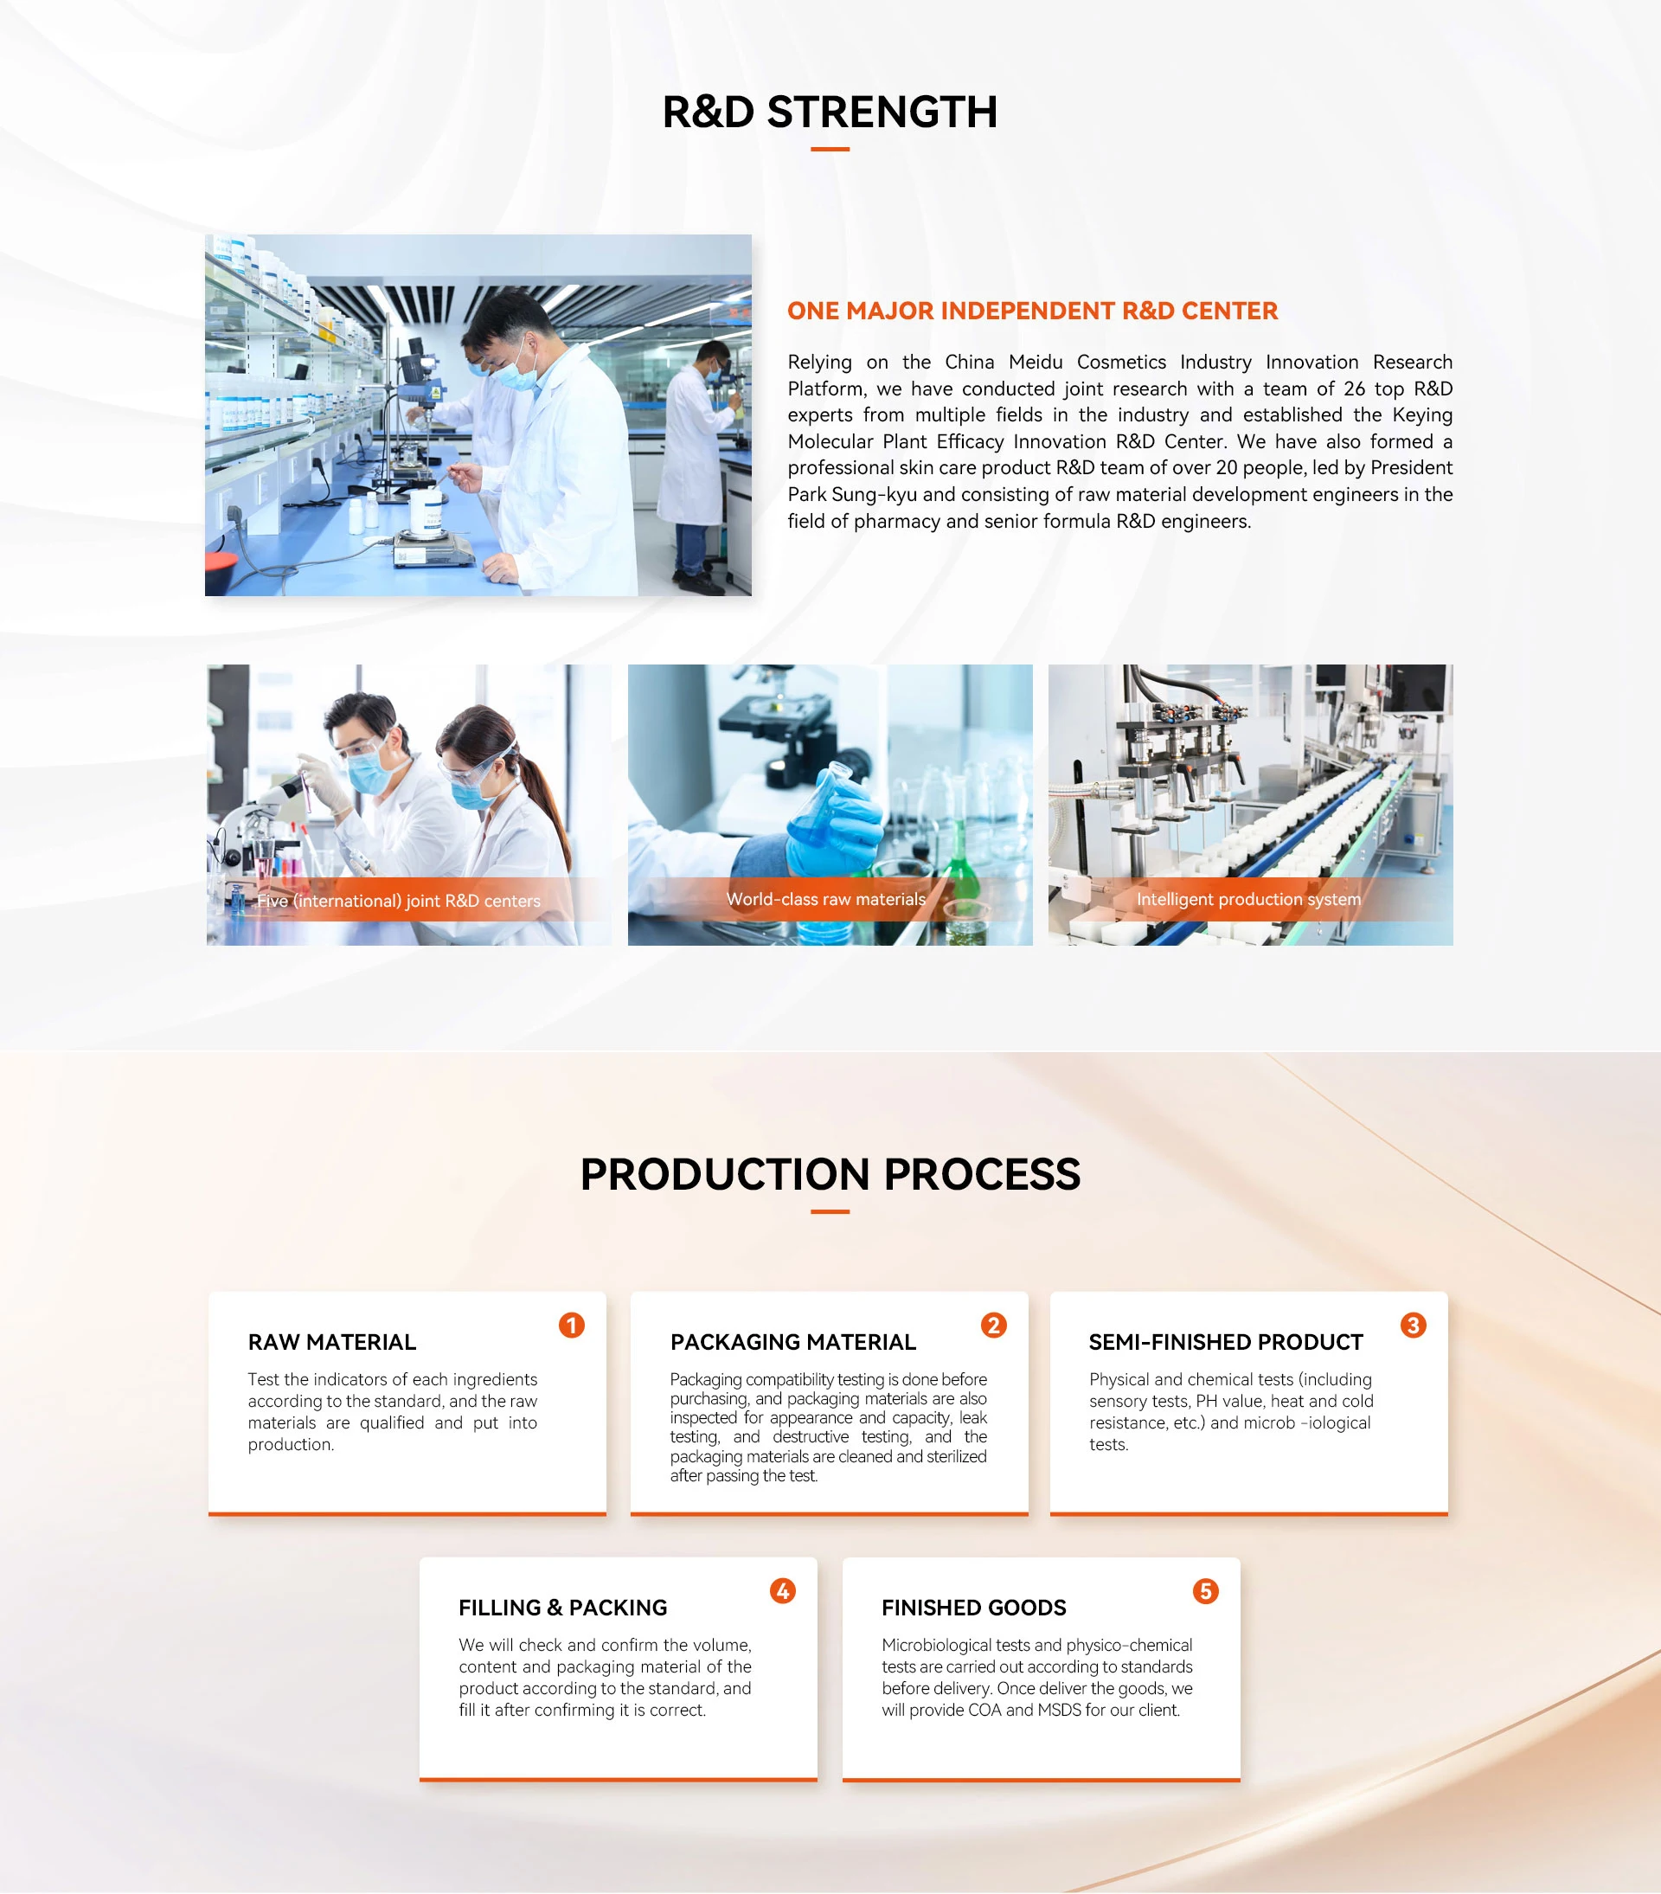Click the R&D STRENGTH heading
click(x=830, y=112)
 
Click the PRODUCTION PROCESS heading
click(x=830, y=1174)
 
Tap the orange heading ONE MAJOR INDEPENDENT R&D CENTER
click(x=1032, y=311)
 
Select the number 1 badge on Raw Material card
click(x=572, y=1325)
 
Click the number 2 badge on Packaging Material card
click(x=994, y=1325)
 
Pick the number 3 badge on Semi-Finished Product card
click(x=1414, y=1325)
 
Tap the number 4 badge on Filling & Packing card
click(x=783, y=1591)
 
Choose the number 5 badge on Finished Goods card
click(x=1205, y=1591)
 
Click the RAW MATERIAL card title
click(x=331, y=1342)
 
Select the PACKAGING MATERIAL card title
click(x=793, y=1342)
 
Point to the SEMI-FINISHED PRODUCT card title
click(x=1226, y=1342)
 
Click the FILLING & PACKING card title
click(x=563, y=1608)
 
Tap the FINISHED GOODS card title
click(x=973, y=1608)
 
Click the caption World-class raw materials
click(x=825, y=899)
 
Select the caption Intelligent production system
click(x=1248, y=899)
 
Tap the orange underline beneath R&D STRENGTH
click(x=830, y=149)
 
